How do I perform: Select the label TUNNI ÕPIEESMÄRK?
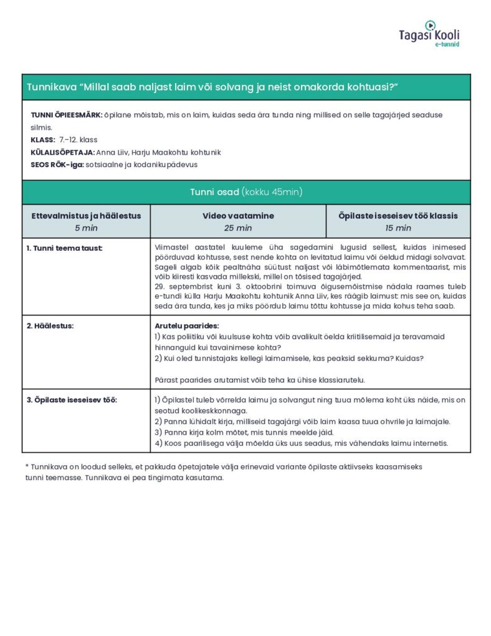pyautogui.click(x=66, y=116)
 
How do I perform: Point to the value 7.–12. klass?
pyautogui.click(x=78, y=140)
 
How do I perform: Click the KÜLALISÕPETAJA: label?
pyautogui.click(x=62, y=152)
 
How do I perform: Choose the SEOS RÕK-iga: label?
pyautogui.click(x=58, y=165)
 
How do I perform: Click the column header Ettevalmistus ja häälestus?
pyautogui.click(x=86, y=216)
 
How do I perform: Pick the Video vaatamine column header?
pyautogui.click(x=238, y=216)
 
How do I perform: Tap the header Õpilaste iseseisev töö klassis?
pyautogui.click(x=398, y=216)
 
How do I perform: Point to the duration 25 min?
pyautogui.click(x=238, y=228)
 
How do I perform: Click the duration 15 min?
pyautogui.click(x=398, y=228)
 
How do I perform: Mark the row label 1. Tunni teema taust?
pyautogui.click(x=65, y=248)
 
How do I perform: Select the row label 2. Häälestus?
pyautogui.click(x=50, y=325)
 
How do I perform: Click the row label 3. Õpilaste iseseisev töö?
pyautogui.click(x=71, y=399)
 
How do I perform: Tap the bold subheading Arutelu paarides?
pyautogui.click(x=186, y=325)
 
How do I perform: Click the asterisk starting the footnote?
pyautogui.click(x=27, y=466)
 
